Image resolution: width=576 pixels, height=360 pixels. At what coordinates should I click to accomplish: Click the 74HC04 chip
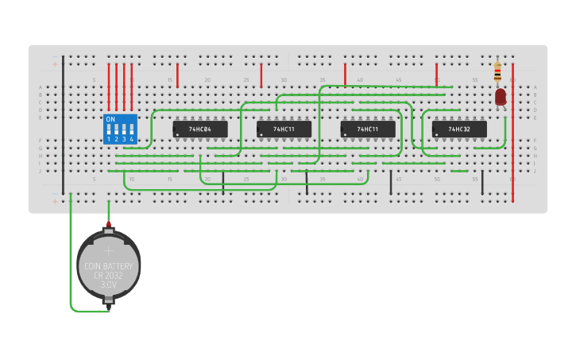coord(200,129)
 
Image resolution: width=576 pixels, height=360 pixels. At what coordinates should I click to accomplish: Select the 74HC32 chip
coord(459,129)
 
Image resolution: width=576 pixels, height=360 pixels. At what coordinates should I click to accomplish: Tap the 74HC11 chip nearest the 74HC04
coord(284,129)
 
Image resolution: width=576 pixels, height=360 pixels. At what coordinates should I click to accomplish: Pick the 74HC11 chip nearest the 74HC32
coord(368,129)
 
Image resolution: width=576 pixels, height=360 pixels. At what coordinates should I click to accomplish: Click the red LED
coord(501,97)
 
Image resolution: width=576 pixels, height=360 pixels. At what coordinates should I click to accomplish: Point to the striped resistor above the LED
coord(497,72)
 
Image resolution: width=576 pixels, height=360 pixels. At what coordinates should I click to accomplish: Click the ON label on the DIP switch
coord(110,119)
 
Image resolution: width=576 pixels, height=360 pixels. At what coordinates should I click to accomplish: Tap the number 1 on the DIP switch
coord(109,139)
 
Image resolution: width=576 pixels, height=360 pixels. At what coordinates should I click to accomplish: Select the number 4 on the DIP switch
coord(132,139)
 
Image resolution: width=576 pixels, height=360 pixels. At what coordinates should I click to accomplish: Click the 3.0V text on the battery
coord(108,284)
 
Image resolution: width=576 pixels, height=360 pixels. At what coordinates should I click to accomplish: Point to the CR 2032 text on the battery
coord(108,275)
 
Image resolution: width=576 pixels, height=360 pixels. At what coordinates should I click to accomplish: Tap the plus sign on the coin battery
coord(109,250)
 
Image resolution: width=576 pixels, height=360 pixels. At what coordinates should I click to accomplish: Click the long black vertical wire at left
coord(63,127)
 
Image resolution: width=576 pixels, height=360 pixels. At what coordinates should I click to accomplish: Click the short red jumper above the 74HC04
coord(177,75)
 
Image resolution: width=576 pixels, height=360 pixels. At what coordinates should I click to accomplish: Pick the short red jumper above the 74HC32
coord(436,75)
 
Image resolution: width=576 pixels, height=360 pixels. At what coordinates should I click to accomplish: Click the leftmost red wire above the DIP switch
coord(109,86)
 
